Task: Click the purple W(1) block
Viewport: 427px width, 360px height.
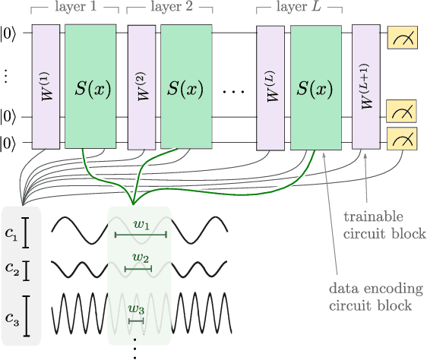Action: coord(45,85)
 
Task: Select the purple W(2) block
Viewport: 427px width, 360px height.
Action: coord(141,85)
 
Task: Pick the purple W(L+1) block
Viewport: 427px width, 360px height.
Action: coord(365,85)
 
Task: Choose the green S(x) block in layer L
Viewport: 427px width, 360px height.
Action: coord(314,85)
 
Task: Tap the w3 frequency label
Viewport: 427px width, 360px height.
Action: coord(135,309)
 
